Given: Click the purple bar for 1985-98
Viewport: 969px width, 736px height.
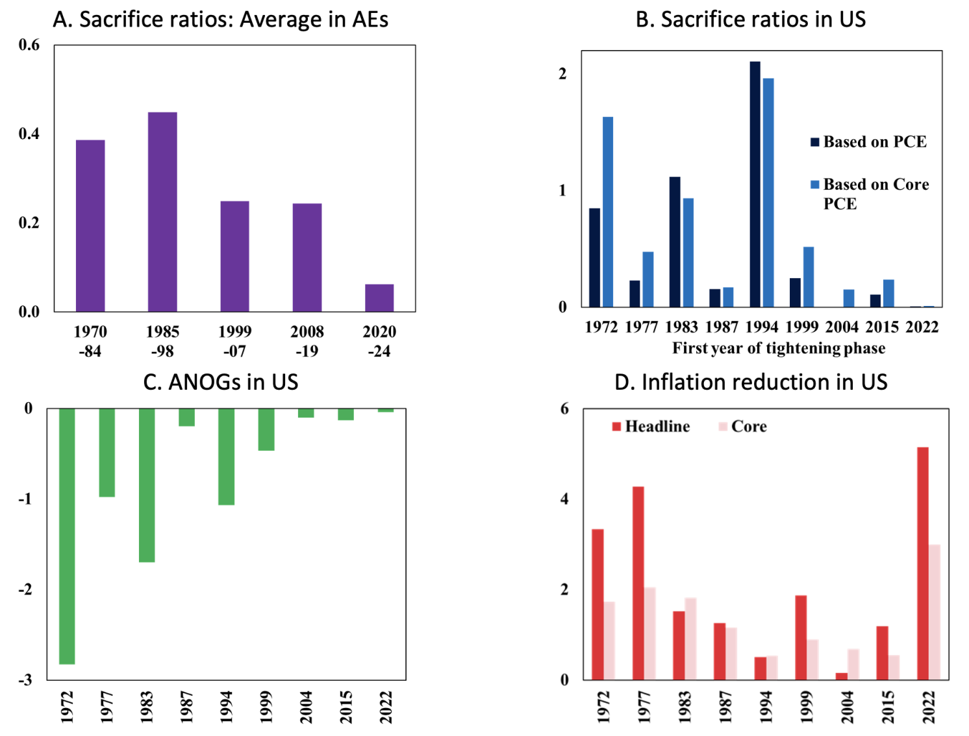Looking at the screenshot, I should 162,212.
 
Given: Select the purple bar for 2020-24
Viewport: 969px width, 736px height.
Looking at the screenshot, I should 379,298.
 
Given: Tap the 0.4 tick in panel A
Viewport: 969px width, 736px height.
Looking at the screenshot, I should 29,134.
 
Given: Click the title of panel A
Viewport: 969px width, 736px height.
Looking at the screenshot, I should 221,19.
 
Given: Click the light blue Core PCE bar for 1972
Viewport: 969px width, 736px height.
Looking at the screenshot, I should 608,212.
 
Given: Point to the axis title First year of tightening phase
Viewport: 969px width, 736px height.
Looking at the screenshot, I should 778,348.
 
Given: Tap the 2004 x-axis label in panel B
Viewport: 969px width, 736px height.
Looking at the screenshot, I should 842,327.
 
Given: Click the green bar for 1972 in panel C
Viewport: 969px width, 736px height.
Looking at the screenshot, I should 67,536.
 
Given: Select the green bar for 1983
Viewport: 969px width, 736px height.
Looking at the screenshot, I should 147,485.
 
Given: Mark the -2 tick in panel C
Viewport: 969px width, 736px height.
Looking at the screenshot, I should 25,589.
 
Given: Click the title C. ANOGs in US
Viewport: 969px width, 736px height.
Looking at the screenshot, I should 221,382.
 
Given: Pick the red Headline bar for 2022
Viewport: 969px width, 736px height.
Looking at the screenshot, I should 922,563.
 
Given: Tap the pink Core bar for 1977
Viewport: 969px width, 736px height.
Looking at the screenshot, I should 649,633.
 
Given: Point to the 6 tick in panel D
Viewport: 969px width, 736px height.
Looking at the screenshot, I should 564,409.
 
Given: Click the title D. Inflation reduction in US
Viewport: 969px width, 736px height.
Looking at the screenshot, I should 751,382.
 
